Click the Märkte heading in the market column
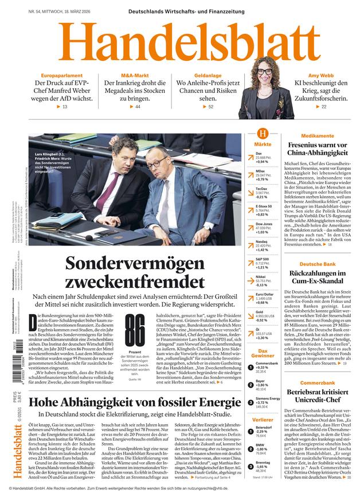tap(263, 144)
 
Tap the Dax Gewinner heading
tap(263, 353)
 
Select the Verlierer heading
tap(263, 420)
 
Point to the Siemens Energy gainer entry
tap(267, 398)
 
